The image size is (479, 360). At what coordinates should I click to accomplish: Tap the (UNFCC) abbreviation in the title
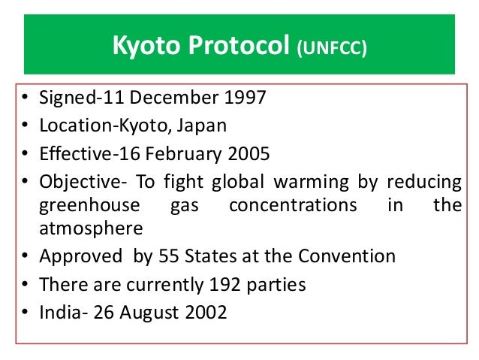click(x=331, y=49)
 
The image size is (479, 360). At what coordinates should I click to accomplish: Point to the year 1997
click(x=246, y=99)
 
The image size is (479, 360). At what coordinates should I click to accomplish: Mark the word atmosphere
click(x=89, y=228)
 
